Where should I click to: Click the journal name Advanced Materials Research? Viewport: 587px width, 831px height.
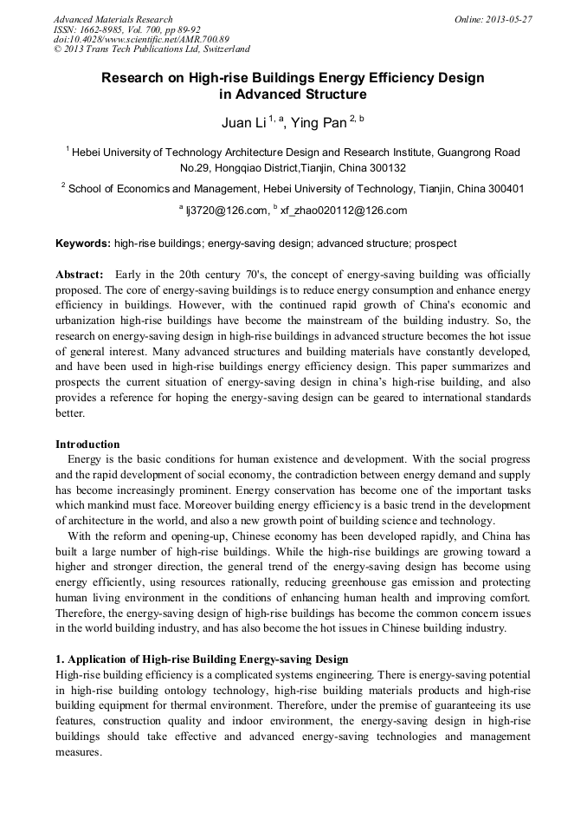tap(113, 19)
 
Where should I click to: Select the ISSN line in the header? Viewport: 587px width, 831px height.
tap(126, 29)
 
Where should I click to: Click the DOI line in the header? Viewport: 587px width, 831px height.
tap(141, 39)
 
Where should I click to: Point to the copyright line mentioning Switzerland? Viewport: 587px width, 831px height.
tap(152, 49)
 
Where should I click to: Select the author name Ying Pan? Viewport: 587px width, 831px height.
tap(323, 123)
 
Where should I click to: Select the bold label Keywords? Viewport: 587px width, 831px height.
tap(82, 244)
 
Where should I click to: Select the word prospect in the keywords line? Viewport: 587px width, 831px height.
tap(435, 244)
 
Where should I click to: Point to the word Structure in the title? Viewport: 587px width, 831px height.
tap(333, 94)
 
